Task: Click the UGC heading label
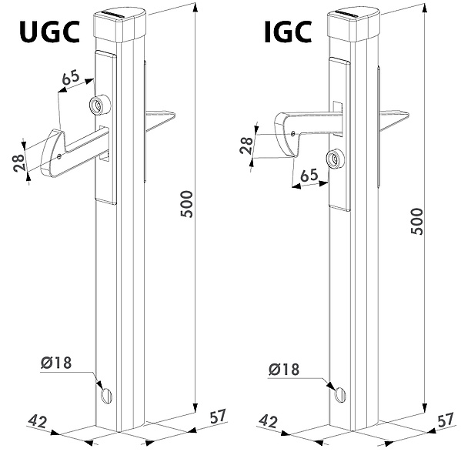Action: [49, 32]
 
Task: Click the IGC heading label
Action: [288, 32]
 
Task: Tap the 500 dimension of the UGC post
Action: [186, 204]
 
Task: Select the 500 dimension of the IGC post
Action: [416, 221]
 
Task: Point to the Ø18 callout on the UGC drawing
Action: [56, 363]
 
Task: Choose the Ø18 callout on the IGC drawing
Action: [284, 369]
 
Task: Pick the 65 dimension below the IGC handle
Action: [309, 176]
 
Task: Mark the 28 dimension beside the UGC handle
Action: [18, 162]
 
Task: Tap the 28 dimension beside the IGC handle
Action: [246, 145]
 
